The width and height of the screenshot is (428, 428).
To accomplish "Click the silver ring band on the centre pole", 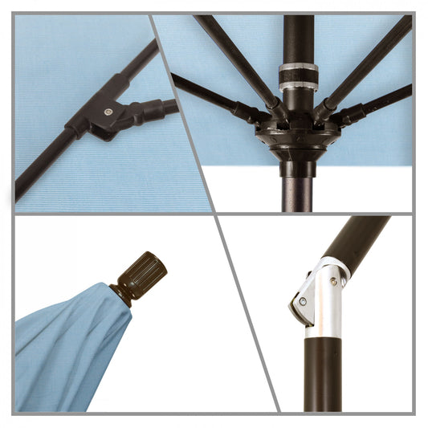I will pyautogui.click(x=296, y=78).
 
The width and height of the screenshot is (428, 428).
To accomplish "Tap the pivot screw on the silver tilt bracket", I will pyautogui.click(x=302, y=303).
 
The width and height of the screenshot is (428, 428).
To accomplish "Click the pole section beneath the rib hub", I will pyautogui.click(x=296, y=189).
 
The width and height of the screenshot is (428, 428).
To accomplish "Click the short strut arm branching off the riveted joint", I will pyautogui.click(x=157, y=108).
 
